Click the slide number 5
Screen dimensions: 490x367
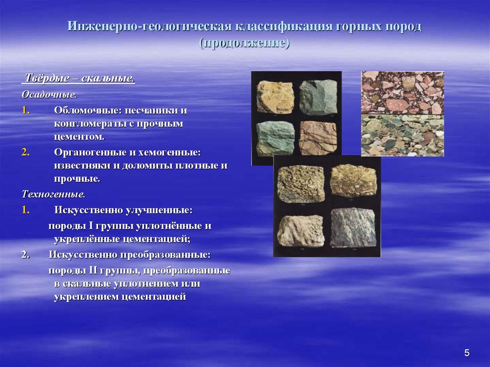467,353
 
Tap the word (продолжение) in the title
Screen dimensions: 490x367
245,43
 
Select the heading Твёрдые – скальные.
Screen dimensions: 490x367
79,78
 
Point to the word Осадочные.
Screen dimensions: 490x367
49,94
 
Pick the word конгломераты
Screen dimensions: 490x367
89,124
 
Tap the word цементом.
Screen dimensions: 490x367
79,137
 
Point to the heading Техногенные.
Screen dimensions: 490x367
54,194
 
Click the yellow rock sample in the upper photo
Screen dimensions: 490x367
275,97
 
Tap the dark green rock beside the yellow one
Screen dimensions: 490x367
318,97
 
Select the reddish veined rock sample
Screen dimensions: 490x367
318,138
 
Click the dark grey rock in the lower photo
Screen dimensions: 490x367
353,228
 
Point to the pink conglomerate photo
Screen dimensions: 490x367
402,92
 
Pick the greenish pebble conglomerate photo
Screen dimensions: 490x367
402,135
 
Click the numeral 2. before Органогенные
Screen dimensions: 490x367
26,152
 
